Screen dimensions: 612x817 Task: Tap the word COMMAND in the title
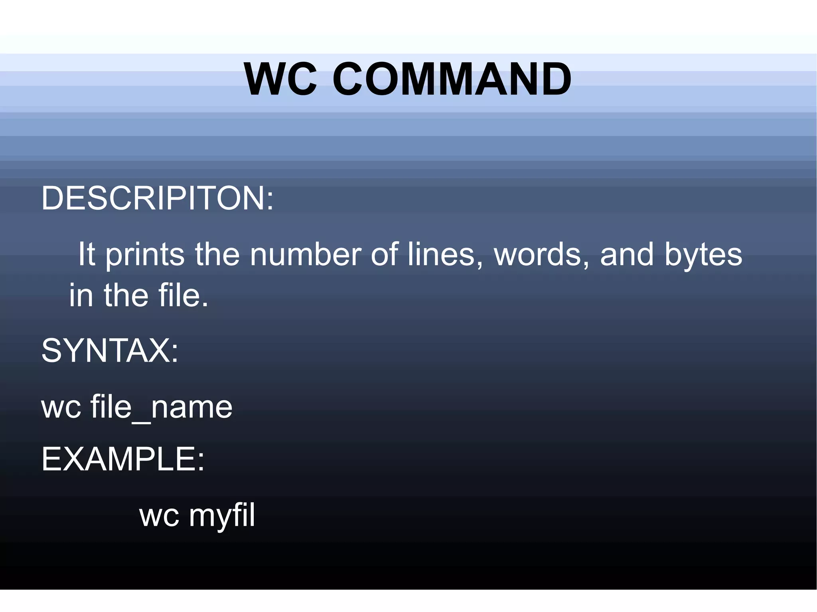tap(452, 79)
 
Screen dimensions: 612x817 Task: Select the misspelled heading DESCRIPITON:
tap(158, 198)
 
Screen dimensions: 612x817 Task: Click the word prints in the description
tap(145, 255)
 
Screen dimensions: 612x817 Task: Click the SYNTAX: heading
tap(110, 350)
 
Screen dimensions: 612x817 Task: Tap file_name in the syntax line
tap(162, 407)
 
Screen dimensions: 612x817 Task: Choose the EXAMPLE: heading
tap(123, 459)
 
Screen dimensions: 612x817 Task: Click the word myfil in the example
tap(222, 516)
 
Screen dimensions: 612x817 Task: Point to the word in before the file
tap(81, 295)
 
